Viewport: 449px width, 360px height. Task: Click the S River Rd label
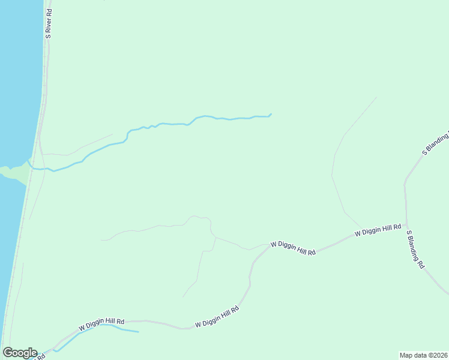click(48, 23)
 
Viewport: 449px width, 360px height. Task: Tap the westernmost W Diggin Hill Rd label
click(101, 325)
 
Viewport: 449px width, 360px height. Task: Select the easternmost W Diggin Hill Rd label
click(378, 229)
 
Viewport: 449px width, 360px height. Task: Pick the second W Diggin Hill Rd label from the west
click(217, 317)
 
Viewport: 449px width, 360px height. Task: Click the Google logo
click(19, 353)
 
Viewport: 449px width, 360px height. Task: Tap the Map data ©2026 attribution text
click(424, 355)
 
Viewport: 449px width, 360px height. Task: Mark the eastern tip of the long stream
click(271, 114)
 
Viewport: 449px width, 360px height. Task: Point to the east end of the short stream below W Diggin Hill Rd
click(139, 332)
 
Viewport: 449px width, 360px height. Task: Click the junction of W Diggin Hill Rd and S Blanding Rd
click(407, 223)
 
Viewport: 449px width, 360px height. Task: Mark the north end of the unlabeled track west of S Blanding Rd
click(376, 97)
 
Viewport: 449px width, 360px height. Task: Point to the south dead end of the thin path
click(183, 297)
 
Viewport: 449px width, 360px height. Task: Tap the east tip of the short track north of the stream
click(112, 134)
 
